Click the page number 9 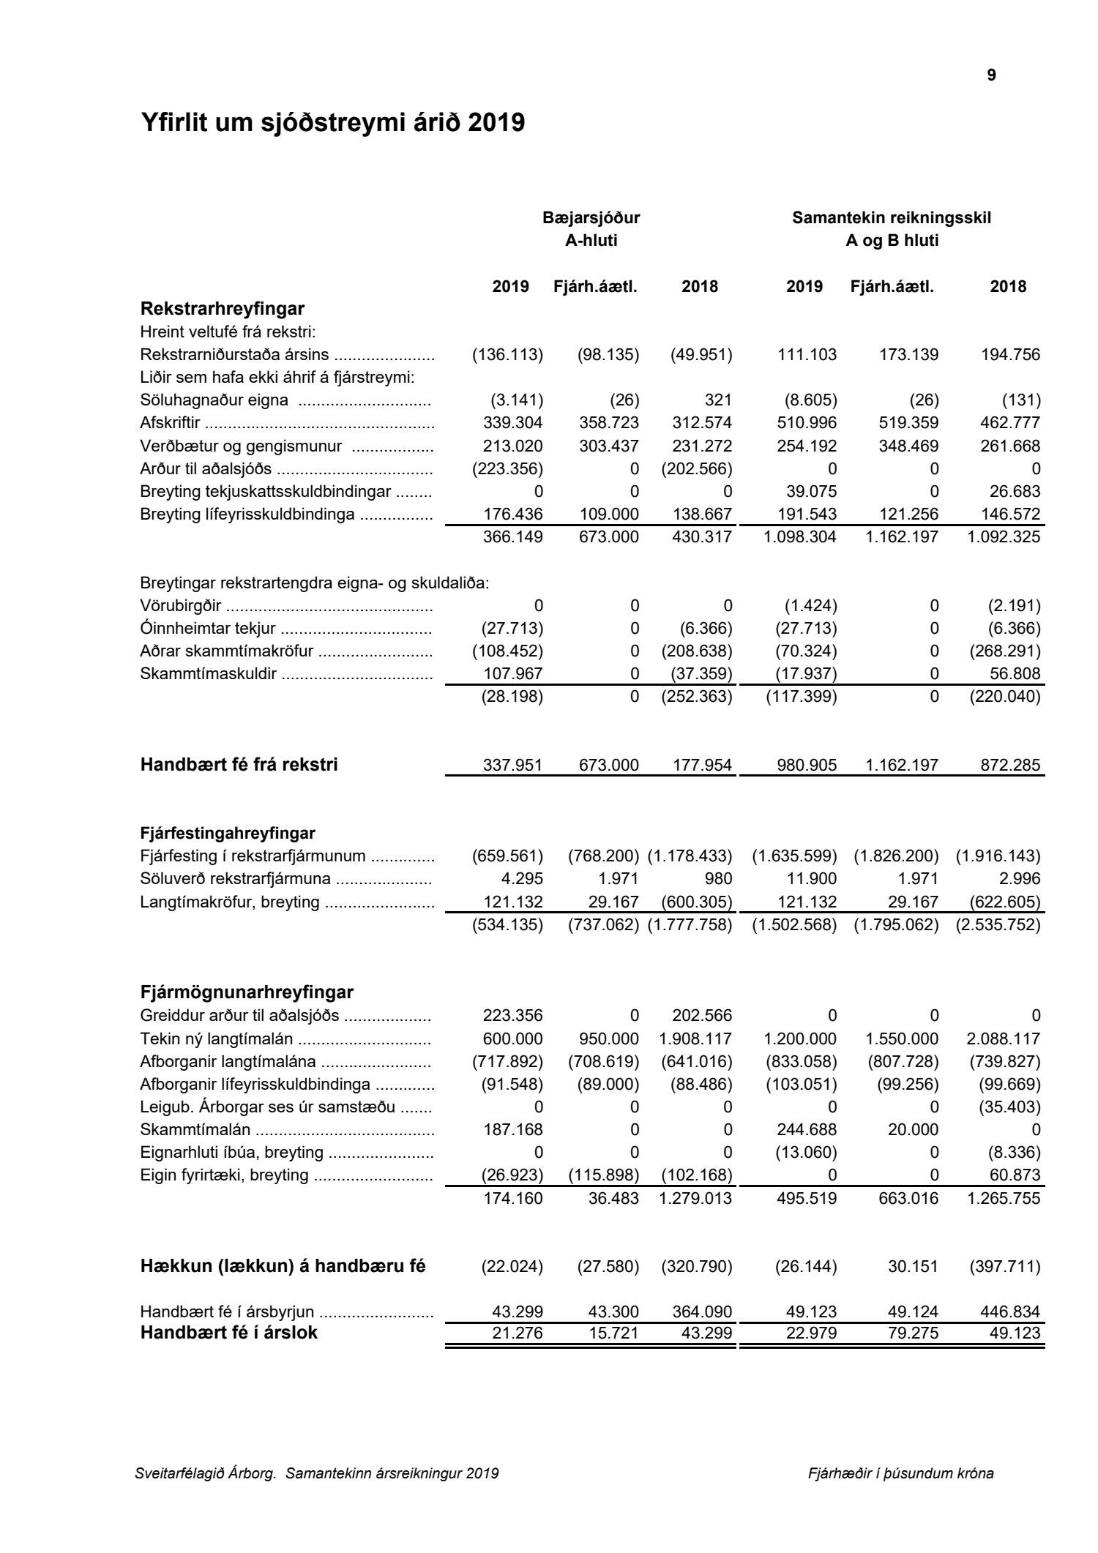pos(991,75)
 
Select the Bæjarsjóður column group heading pos(591,217)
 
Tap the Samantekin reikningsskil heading pos(892,217)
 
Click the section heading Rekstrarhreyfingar pos(222,308)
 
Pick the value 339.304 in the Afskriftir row pos(512,423)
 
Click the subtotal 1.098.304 pos(800,537)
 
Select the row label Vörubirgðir pos(180,606)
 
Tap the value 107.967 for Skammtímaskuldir pos(512,674)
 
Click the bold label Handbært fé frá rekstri pos(239,766)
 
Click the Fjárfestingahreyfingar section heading pos(228,833)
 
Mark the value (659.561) pos(507,856)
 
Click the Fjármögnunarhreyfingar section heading pos(247,992)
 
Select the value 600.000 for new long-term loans pos(512,1039)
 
